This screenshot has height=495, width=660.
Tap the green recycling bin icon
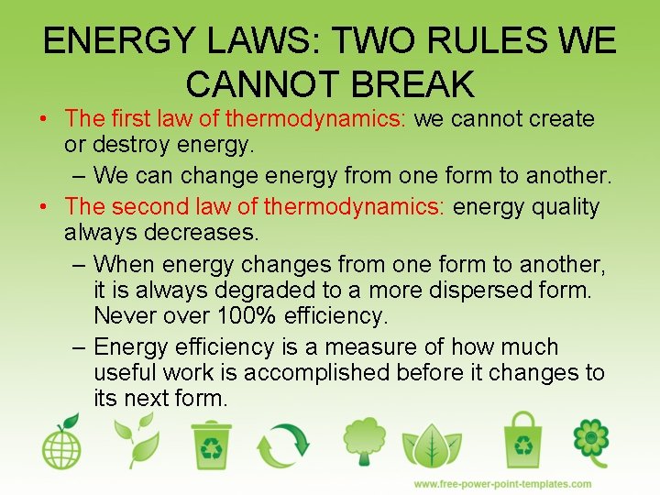pyautogui.click(x=213, y=444)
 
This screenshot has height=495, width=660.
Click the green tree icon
pyautogui.click(x=359, y=441)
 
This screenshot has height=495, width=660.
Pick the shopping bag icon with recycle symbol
pyautogui.click(x=522, y=441)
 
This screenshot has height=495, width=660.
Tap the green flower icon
pyautogui.click(x=591, y=441)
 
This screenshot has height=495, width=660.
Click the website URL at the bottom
pyautogui.click(x=502, y=484)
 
